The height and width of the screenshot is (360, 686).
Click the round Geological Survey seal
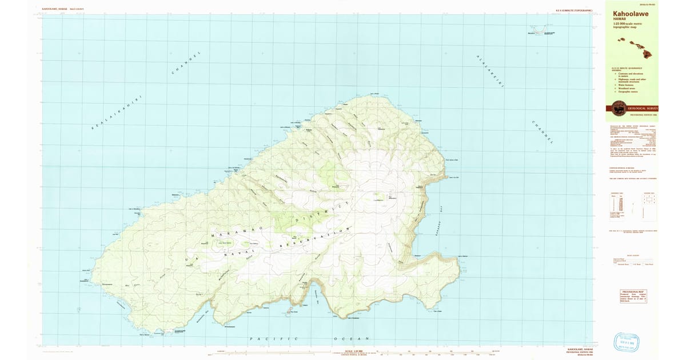619,108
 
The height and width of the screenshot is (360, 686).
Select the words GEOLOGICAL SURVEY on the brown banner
643,108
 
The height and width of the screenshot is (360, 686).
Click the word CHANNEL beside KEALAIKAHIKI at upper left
187,63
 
